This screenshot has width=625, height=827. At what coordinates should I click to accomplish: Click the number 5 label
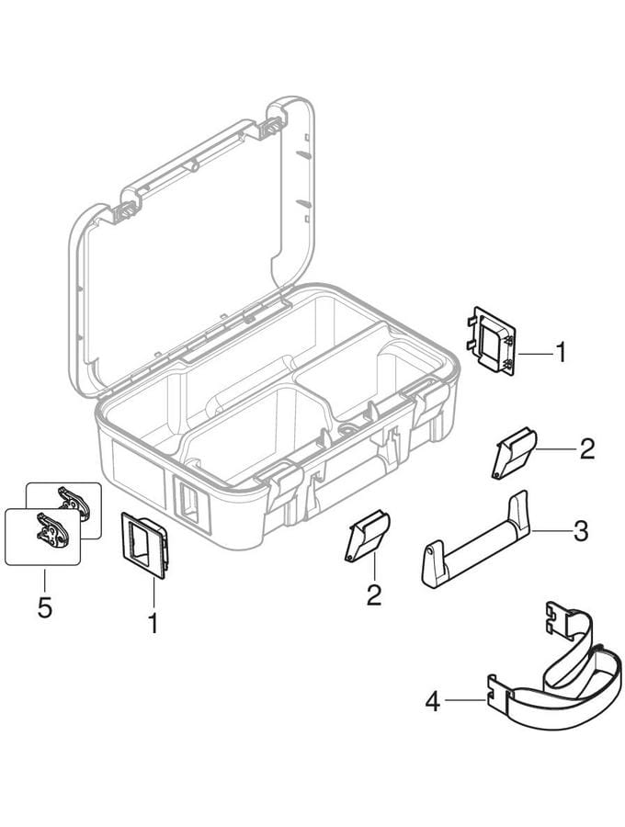click(x=45, y=607)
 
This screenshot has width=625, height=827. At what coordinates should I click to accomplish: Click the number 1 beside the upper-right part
click(x=562, y=352)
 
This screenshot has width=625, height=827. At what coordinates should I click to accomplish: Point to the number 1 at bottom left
click(x=153, y=623)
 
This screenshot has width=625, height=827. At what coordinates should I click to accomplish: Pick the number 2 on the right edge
click(x=587, y=448)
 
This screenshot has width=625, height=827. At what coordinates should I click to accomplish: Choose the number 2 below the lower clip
click(x=374, y=595)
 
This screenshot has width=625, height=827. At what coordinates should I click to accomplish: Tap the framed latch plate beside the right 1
click(x=492, y=341)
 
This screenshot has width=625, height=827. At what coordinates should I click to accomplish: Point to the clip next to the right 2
click(x=514, y=452)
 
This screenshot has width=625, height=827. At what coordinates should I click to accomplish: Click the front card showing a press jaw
click(x=42, y=537)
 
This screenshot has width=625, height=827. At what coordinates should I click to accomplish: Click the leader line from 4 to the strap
click(x=465, y=700)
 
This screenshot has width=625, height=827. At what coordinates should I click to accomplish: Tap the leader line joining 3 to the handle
click(x=550, y=530)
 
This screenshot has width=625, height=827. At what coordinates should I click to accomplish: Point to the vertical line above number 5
click(x=45, y=580)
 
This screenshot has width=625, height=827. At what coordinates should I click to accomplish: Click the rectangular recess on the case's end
click(x=191, y=504)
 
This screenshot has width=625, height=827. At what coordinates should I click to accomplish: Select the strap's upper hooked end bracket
click(x=559, y=618)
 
